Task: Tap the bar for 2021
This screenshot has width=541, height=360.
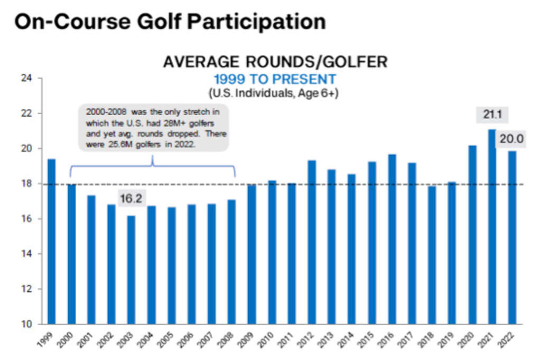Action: (492, 226)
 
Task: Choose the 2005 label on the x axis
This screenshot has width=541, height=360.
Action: (168, 339)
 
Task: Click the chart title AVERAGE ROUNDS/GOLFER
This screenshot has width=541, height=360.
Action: (275, 62)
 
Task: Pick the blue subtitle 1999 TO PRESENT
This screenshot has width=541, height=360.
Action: (275, 79)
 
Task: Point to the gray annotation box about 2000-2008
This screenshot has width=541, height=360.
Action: (154, 128)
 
